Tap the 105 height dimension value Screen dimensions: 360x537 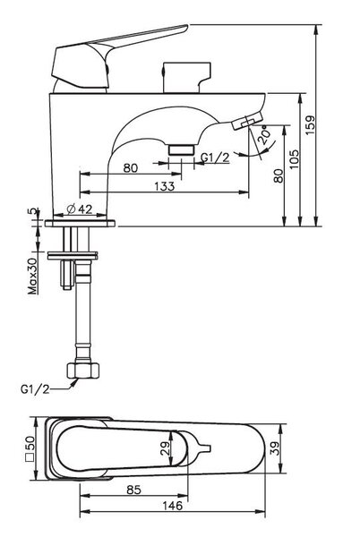[295, 159]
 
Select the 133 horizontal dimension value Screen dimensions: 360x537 [165, 186]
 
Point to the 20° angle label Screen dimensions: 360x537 [265, 135]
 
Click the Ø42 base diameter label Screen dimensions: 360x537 [80, 209]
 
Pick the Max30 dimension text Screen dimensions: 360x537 [33, 277]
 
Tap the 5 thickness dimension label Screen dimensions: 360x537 [33, 211]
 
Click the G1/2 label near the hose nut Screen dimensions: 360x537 [35, 389]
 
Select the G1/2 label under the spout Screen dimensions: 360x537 [215, 158]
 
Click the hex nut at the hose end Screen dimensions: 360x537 [83, 371]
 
